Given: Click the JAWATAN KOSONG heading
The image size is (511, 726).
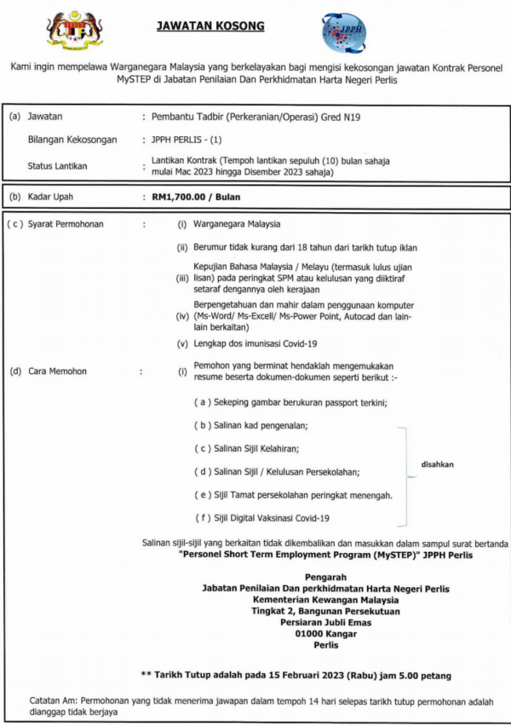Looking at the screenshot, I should pyautogui.click(x=210, y=26).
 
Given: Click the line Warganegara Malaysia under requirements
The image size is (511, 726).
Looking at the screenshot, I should pyautogui.click(x=235, y=225).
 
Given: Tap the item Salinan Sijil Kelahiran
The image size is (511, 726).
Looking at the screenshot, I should pyautogui.click(x=251, y=448).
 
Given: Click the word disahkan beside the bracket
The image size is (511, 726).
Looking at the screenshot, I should pyautogui.click(x=438, y=464).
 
